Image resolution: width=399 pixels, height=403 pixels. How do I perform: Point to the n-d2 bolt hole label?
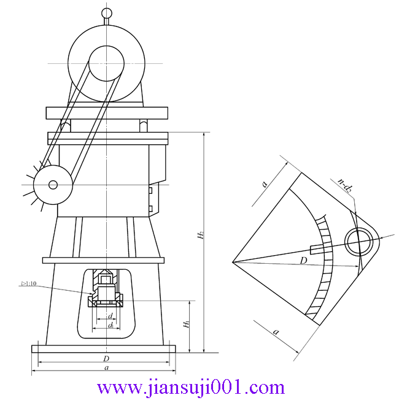tap(344, 186)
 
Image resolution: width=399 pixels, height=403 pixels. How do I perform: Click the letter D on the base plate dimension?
tap(106, 358)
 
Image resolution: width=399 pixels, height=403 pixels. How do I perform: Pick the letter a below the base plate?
tap(106, 368)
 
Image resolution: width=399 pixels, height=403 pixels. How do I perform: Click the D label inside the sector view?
tap(303, 261)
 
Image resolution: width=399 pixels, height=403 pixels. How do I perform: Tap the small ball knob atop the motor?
tap(107, 12)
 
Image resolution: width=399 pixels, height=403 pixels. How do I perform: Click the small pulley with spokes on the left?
tap(53, 184)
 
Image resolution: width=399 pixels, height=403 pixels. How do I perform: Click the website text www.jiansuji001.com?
tap(191, 388)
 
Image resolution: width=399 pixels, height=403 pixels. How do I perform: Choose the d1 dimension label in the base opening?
tap(110, 325)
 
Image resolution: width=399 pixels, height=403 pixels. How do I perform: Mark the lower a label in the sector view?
tap(276, 331)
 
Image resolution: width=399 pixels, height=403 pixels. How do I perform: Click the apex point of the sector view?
tap(233, 263)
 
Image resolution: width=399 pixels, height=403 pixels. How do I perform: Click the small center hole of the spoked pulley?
tap(53, 184)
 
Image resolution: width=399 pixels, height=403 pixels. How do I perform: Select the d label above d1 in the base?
tap(110, 317)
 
